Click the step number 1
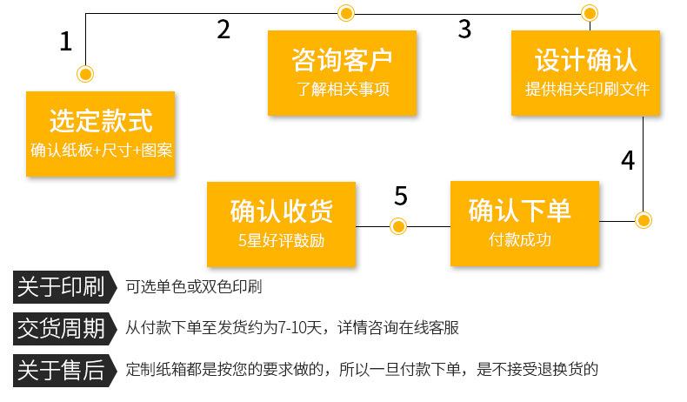pyautogui.click(x=66, y=42)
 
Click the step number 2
pyautogui.click(x=223, y=30)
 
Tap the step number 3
pyautogui.click(x=464, y=30)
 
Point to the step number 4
pyautogui.click(x=628, y=160)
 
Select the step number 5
pyautogui.click(x=401, y=196)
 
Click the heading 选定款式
pyautogui.click(x=101, y=121)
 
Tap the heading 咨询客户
pyautogui.click(x=342, y=60)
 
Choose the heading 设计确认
pyautogui.click(x=585, y=60)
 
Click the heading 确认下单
pyautogui.click(x=520, y=210)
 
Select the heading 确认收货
pyautogui.click(x=281, y=211)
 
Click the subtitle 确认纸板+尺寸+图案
pyautogui.click(x=101, y=150)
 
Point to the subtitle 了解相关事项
pyautogui.click(x=343, y=89)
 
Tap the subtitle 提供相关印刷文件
pyautogui.click(x=587, y=89)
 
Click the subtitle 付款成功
pyautogui.click(x=520, y=239)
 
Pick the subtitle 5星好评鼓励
pyautogui.click(x=281, y=240)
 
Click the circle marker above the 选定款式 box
pyautogui.click(x=85, y=74)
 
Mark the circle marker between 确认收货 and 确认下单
pyautogui.click(x=398, y=226)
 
